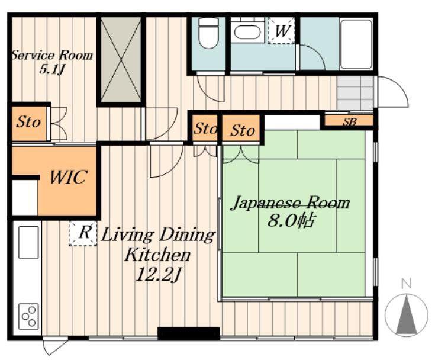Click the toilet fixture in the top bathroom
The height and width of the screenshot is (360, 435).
[x=208, y=33]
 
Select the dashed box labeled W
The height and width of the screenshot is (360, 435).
[x=281, y=30]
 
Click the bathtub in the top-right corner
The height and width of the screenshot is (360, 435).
[x=356, y=44]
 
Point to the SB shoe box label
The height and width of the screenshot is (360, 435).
[x=349, y=121]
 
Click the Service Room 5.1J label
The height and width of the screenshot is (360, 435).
[x=52, y=62]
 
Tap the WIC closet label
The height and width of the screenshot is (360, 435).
[x=69, y=177]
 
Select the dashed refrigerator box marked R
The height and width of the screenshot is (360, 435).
[x=83, y=233]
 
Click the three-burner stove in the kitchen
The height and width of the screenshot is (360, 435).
[x=28, y=316]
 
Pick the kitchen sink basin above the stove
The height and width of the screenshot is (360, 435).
[x=28, y=242]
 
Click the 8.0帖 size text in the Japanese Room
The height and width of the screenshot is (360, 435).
[x=291, y=221]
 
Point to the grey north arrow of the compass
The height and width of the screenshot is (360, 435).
[x=407, y=314]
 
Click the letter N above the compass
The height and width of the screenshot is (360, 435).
[x=407, y=284]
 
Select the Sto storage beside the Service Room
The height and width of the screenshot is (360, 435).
[x=28, y=123]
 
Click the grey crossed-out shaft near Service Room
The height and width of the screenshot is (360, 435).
[x=121, y=60]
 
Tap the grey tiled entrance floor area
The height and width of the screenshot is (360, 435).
[x=355, y=93]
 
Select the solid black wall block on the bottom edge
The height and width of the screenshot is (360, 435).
[x=189, y=333]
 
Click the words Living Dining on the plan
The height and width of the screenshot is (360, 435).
[x=158, y=236]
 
